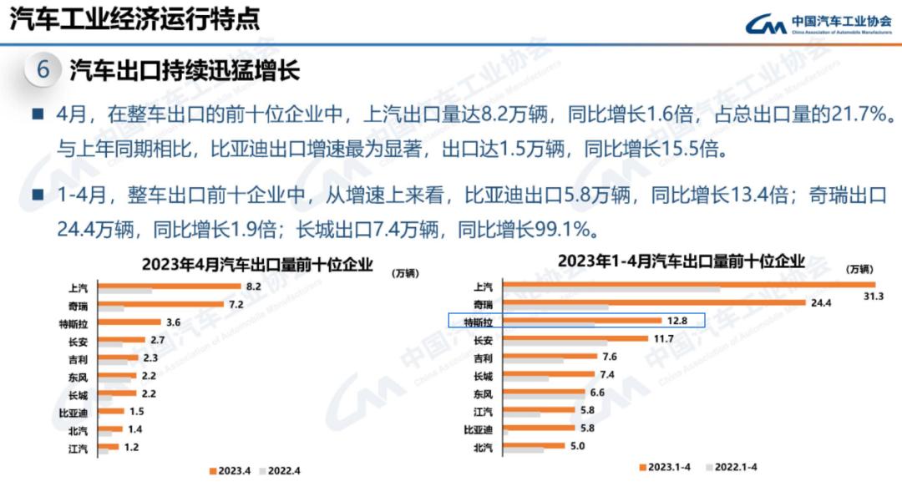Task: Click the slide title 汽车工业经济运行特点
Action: click(134, 18)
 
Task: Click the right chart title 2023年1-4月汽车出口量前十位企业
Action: click(681, 261)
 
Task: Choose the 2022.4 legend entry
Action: click(281, 470)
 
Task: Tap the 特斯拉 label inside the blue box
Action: click(478, 321)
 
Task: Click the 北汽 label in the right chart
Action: click(483, 448)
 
